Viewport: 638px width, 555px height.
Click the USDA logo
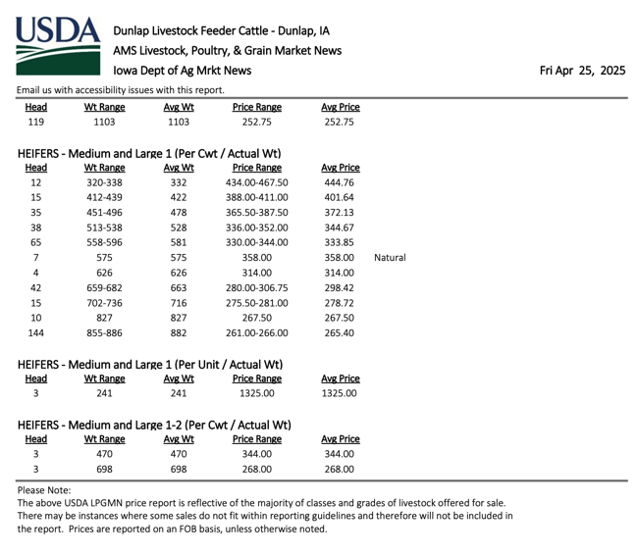point(58,46)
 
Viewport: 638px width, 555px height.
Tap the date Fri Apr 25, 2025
point(582,71)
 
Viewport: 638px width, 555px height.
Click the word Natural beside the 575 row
point(390,258)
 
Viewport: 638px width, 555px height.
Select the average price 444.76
point(339,182)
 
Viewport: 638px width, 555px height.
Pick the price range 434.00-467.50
point(257,182)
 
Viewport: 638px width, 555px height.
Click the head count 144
point(35,333)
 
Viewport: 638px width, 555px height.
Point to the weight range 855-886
point(104,333)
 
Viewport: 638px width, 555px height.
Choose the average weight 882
point(179,333)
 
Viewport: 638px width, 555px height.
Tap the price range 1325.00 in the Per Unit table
point(257,393)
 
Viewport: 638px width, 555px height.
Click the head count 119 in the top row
point(35,122)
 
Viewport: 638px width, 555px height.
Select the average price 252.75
point(339,122)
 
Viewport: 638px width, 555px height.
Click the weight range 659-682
point(104,288)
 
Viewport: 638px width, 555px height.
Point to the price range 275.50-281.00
point(257,303)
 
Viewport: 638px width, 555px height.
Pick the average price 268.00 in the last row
point(339,470)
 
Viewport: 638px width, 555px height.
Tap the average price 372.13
point(339,213)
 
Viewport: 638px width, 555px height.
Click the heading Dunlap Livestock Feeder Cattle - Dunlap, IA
point(222,31)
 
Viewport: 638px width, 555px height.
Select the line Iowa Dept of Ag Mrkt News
point(183,71)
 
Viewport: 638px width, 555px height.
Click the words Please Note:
point(44,490)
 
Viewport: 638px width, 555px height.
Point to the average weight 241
point(179,393)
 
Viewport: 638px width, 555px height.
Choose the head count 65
point(35,242)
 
